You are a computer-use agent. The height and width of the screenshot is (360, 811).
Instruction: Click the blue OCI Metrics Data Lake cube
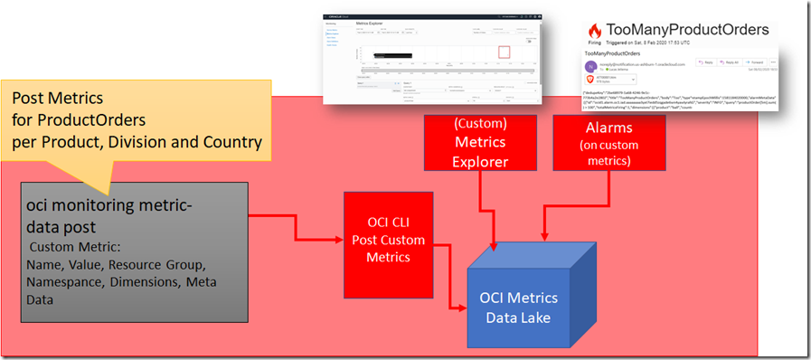coord(521,298)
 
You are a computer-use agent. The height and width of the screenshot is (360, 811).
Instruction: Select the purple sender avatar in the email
coord(592,66)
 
